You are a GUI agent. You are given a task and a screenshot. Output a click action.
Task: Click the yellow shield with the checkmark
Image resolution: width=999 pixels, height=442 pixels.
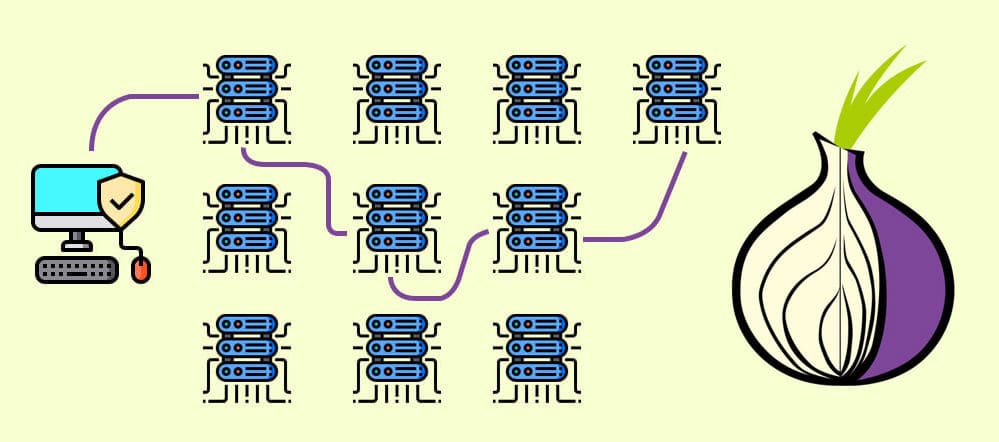click(x=121, y=203)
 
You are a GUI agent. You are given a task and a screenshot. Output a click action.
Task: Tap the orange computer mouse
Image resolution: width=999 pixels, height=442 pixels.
click(x=141, y=268)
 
